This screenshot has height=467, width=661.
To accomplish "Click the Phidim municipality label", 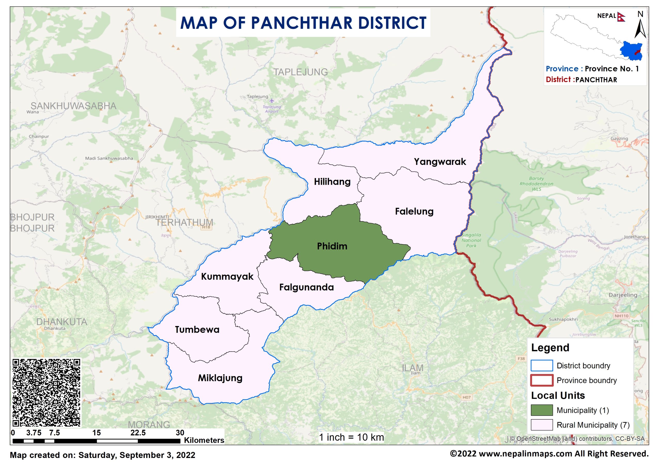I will pos(332,246).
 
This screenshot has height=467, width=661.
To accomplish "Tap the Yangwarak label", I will pos(439,162).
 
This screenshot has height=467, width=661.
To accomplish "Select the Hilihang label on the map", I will pos(332,182).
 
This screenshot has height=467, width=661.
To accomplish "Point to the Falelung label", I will pos(414,211).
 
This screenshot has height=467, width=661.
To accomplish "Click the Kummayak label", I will pos(227,276).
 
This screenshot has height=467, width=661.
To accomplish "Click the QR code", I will pos(46,393).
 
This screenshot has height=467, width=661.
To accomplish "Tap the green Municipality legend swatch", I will pos(541,410).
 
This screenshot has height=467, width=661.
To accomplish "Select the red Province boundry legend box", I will pos(541,380).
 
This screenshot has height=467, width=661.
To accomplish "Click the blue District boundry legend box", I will pos(541,365).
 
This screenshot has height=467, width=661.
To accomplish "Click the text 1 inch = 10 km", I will pos(351,437).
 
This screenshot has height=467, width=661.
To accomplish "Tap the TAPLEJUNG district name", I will pos(300,72).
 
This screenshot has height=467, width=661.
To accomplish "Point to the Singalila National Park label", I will pos(471,240).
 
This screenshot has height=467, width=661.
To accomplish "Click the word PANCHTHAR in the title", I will pos(302,23).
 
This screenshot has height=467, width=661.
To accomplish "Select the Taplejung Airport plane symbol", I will pos(272,101).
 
